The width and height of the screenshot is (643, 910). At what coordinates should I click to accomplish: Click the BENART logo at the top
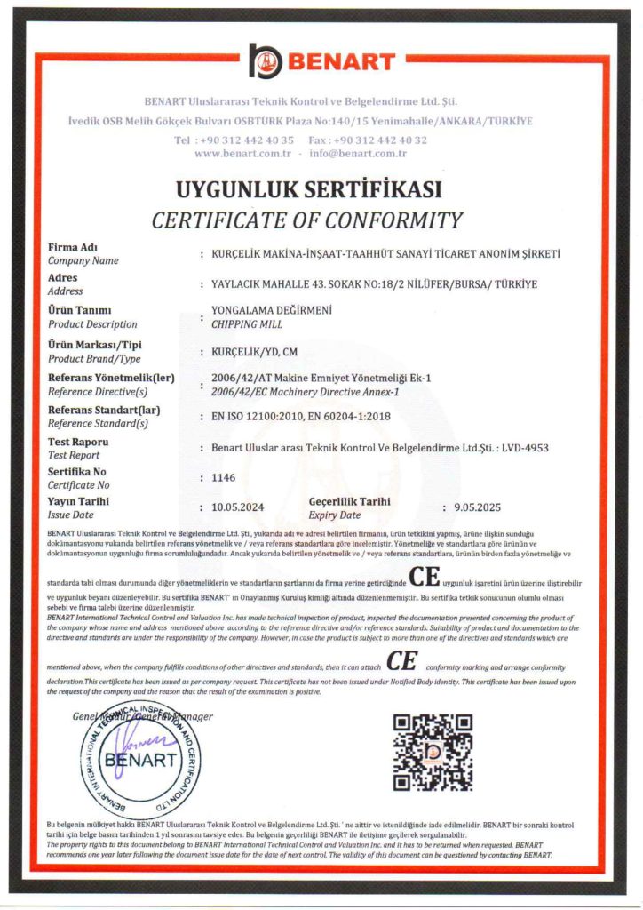[321, 60]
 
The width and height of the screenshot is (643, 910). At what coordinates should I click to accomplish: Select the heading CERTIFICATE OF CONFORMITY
[307, 220]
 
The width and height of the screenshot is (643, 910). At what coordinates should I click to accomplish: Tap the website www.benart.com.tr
[242, 154]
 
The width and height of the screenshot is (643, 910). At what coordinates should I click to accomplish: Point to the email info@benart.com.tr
[358, 154]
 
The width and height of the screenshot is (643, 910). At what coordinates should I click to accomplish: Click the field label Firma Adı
[72, 247]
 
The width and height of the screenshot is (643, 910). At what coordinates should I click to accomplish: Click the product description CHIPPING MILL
[239, 323]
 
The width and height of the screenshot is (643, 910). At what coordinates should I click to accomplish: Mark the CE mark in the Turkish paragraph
[425, 578]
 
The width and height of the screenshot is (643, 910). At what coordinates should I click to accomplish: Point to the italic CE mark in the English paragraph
[402, 662]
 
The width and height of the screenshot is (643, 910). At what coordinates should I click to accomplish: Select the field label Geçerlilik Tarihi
[349, 501]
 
